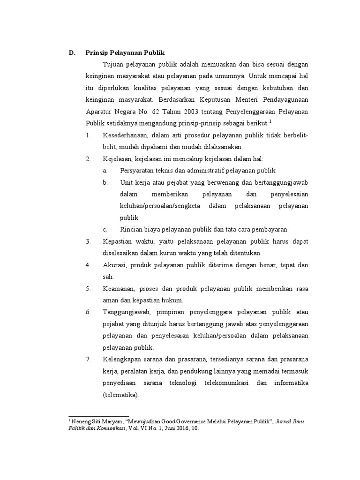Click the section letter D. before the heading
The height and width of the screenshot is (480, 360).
click(72, 52)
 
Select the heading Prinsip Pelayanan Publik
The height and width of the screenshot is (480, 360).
click(125, 52)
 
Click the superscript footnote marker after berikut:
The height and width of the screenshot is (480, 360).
click(270, 121)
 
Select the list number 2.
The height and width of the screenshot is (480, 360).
click(88, 159)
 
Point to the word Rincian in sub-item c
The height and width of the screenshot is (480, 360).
click(132, 230)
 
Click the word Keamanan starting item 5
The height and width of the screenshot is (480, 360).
click(118, 288)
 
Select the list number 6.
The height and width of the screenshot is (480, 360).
click(88, 312)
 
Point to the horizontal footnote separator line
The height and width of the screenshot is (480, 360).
click(98, 416)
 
